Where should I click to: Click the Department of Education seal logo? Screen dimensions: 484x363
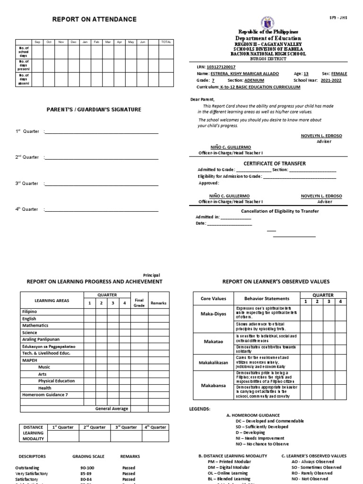[x=268, y=23]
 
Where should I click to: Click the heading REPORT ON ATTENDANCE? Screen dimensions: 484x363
[x=95, y=19]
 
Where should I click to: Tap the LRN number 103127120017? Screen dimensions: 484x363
[x=222, y=68]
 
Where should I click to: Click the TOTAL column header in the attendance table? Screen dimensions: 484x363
[x=166, y=42]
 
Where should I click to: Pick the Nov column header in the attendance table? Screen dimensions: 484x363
[x=60, y=42]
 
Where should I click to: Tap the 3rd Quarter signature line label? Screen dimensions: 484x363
[x=27, y=183]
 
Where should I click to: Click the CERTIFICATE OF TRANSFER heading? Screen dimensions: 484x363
[x=274, y=164]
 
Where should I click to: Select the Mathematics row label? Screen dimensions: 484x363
[x=35, y=326]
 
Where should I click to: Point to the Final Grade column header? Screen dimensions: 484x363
[x=139, y=302]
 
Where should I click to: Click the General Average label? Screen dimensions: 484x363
[x=112, y=408]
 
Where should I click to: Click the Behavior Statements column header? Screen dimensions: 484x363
[x=267, y=298]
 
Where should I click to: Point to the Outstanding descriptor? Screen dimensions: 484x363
[x=29, y=467]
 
